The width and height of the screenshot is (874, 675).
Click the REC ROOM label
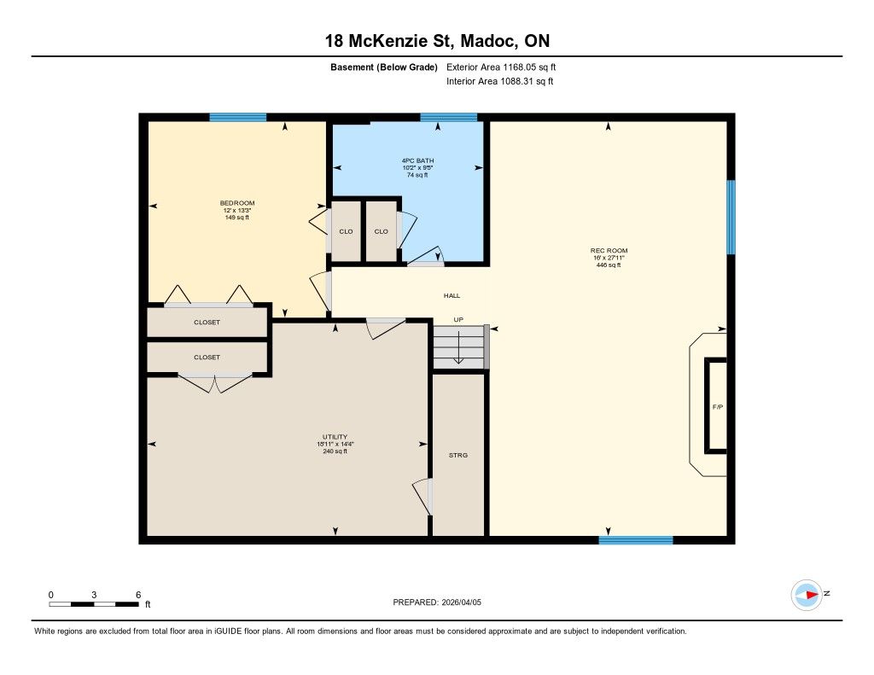pyautogui.click(x=609, y=251)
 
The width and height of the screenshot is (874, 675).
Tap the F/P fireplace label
pyautogui.click(x=717, y=407)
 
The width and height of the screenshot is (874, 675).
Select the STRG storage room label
pyautogui.click(x=458, y=456)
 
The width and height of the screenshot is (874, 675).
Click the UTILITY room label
pyautogui.click(x=335, y=437)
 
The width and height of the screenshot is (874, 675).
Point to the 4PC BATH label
pyautogui.click(x=417, y=160)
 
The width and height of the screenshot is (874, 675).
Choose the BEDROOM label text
pyautogui.click(x=237, y=203)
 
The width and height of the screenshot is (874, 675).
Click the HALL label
pyautogui.click(x=452, y=295)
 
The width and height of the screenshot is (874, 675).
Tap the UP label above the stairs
pyautogui.click(x=458, y=319)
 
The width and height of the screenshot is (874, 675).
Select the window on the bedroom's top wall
pyautogui.click(x=238, y=117)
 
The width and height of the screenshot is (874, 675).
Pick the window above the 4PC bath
pyautogui.click(x=449, y=117)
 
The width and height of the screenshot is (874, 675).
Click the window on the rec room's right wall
pyautogui.click(x=731, y=217)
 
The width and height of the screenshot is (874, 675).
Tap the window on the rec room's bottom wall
pyautogui.click(x=636, y=540)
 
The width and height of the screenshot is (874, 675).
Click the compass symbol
pyautogui.click(x=807, y=595)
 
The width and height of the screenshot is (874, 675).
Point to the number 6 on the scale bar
pyautogui.click(x=138, y=595)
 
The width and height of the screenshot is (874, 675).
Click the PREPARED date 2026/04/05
pyautogui.click(x=462, y=602)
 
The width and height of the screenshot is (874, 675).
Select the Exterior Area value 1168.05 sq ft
pyautogui.click(x=529, y=67)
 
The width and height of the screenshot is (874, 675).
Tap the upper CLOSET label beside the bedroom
pyautogui.click(x=207, y=323)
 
